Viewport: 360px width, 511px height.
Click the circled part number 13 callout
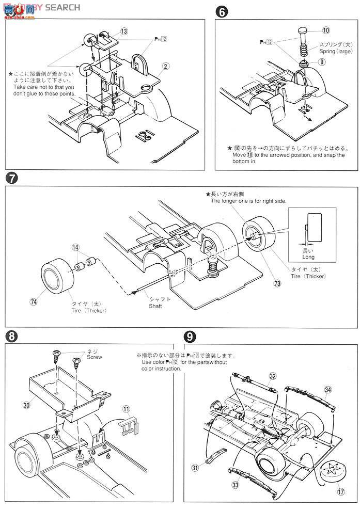point(124,32)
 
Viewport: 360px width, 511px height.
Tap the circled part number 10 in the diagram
point(326,30)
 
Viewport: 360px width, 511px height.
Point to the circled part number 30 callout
point(26,405)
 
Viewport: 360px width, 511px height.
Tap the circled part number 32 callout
point(273,376)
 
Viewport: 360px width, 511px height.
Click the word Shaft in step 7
point(156,306)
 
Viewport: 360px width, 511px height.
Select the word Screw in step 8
point(95,356)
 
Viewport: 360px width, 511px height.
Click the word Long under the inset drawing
point(308,257)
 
